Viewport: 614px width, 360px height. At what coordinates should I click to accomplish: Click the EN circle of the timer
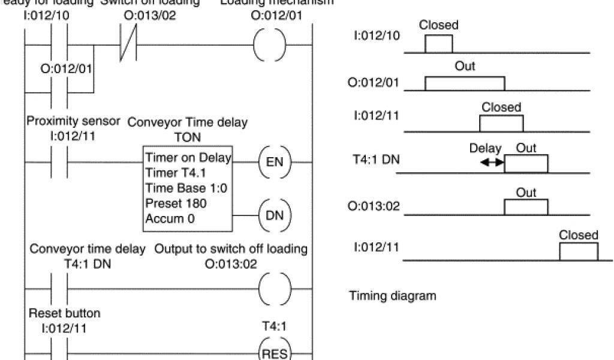(x=273, y=162)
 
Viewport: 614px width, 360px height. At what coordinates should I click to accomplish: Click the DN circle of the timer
(x=273, y=215)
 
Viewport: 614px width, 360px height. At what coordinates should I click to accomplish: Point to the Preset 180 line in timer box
(x=168, y=203)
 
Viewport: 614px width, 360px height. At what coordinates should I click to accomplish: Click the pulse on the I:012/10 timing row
(x=438, y=44)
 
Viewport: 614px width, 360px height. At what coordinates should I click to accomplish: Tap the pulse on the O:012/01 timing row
(x=464, y=83)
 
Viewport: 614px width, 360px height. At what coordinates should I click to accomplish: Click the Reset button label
(x=64, y=313)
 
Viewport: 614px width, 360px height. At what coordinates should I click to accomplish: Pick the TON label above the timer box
(x=187, y=137)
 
